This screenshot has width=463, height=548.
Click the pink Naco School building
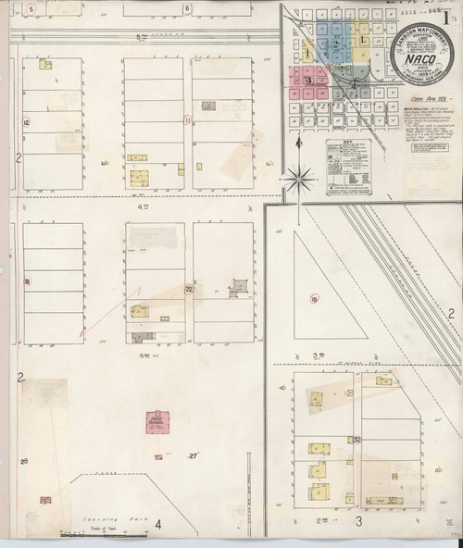pyautogui.click(x=156, y=423)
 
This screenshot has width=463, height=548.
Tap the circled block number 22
pyautogui.click(x=188, y=290)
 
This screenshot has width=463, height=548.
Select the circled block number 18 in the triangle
pyautogui.click(x=315, y=298)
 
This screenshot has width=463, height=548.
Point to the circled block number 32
pyautogui.click(x=356, y=439)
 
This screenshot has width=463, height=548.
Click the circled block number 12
pyautogui.click(x=27, y=122)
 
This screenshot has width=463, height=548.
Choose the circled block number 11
pyautogui.click(x=188, y=119)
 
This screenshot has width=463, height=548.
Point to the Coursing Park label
pyautogui.click(x=108, y=519)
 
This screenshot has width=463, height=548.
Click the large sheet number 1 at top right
pyautogui.click(x=447, y=14)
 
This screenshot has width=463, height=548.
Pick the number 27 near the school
pyautogui.click(x=194, y=456)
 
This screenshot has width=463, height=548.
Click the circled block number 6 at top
pyautogui.click(x=187, y=8)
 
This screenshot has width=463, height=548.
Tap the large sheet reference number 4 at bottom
pyautogui.click(x=158, y=526)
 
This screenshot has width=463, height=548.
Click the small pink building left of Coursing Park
pyautogui.click(x=45, y=500)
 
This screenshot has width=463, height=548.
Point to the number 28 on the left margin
pyautogui.click(x=24, y=461)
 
